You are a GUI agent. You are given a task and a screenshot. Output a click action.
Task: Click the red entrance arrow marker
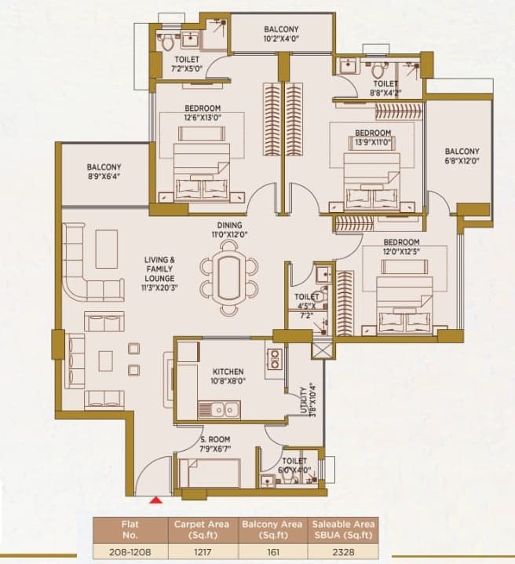tap(156, 500)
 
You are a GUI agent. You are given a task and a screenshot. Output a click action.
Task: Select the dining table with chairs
tap(229, 278)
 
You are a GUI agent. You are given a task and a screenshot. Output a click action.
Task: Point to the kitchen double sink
tap(219, 409)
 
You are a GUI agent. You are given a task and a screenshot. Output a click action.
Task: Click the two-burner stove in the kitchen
tap(276, 359)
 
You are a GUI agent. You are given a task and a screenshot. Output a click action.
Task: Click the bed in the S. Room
tap(210, 472)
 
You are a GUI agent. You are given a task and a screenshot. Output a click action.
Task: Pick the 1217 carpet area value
tap(201, 551)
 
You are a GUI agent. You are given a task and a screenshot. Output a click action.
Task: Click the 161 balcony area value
tap(273, 551)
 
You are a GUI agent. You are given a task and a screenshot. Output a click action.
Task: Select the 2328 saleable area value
tap(343, 551)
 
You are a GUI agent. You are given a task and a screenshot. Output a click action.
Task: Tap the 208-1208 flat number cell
tap(130, 551)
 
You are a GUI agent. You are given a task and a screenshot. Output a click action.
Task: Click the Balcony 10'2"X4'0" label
tap(281, 34)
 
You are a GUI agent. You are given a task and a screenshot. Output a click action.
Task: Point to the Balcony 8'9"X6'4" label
tap(104, 171)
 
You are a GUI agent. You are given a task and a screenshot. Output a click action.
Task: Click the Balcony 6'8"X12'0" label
tap(462, 156)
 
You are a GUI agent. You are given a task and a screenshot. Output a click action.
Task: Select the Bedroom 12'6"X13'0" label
tap(203, 112)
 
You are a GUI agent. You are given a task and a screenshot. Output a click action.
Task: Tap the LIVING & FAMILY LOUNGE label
tap(159, 273)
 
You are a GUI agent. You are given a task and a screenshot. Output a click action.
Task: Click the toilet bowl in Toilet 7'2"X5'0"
tap(167, 42)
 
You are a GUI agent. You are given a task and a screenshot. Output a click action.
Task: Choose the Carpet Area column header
tap(202, 529)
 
